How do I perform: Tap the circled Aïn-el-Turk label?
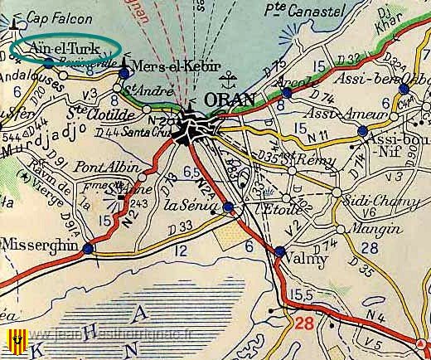click(63, 47)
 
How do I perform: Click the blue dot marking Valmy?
click(279, 251)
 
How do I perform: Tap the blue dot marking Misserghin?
click(88, 247)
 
